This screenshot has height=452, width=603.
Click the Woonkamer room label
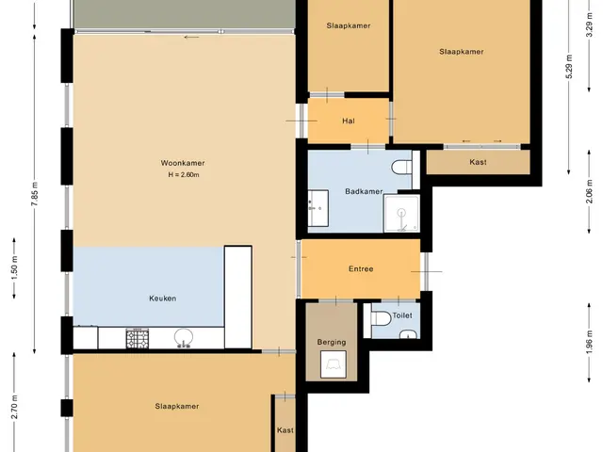tap(182, 163)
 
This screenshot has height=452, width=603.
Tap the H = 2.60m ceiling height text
tap(184, 175)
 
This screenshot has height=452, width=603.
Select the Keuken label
tap(163, 299)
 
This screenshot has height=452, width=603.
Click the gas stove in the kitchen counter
tap(138, 339)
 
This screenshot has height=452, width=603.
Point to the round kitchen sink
tap(184, 337)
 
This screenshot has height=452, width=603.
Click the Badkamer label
tap(364, 191)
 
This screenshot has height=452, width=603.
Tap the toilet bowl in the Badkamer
tap(401, 168)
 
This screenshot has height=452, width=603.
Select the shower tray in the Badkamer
tap(401, 214)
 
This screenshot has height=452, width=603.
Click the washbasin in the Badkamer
tap(318, 208)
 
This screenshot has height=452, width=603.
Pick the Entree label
tap(361, 268)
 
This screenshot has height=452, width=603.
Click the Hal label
tap(349, 121)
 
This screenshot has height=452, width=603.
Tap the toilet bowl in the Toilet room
tap(381, 318)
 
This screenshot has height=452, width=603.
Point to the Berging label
tap(332, 342)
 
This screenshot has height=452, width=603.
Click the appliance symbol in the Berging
tap(333, 364)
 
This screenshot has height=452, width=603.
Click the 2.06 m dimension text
tap(589, 192)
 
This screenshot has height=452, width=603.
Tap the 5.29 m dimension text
tap(569, 66)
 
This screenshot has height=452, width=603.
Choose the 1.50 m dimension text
tap(15, 267)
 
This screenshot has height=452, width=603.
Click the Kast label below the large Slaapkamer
tap(478, 162)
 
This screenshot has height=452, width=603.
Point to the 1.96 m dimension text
tap(589, 343)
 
